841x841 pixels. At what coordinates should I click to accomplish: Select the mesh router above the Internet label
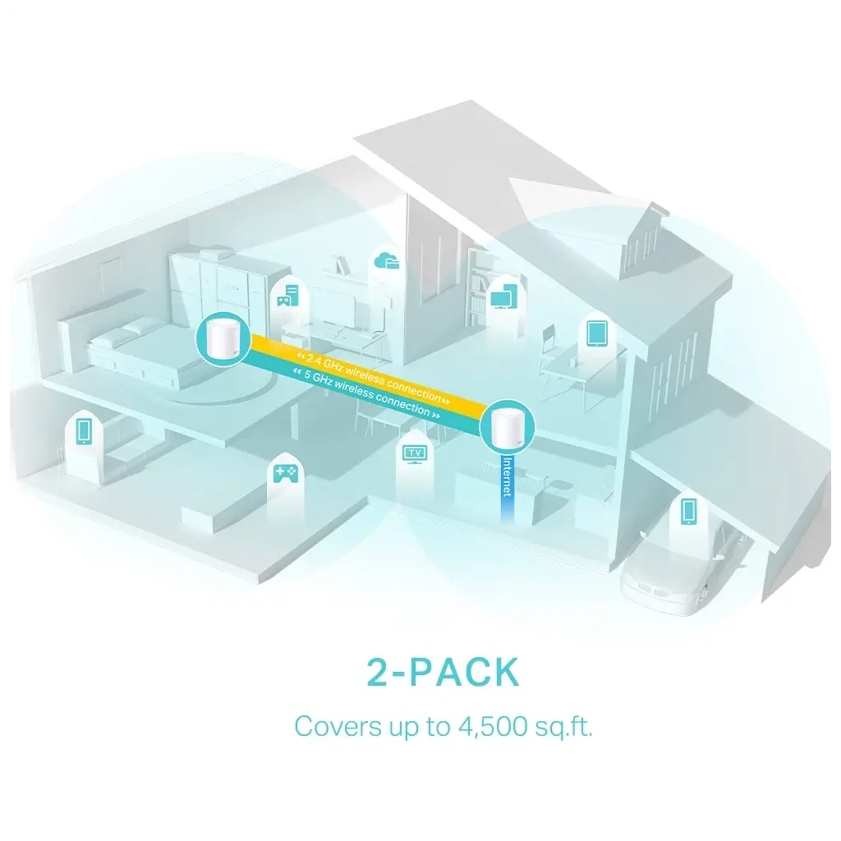pos(506,426)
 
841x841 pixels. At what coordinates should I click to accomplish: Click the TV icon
pos(414,454)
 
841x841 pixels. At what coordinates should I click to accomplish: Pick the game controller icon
pos(285,474)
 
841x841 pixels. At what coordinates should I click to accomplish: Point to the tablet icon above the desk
pos(596,333)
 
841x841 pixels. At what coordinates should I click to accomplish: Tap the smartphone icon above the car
pos(689,510)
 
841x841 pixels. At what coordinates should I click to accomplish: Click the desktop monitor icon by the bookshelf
pos(503,296)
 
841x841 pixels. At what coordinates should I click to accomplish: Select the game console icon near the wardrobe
pos(287,296)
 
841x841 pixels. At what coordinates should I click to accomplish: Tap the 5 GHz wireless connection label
pos(366,393)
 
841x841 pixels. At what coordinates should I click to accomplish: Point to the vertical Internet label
pos(507,477)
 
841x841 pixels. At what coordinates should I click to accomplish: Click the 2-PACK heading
pos(443,672)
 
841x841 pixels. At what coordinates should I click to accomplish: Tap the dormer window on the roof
pos(644,241)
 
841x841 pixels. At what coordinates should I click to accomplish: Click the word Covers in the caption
pos(330,727)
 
